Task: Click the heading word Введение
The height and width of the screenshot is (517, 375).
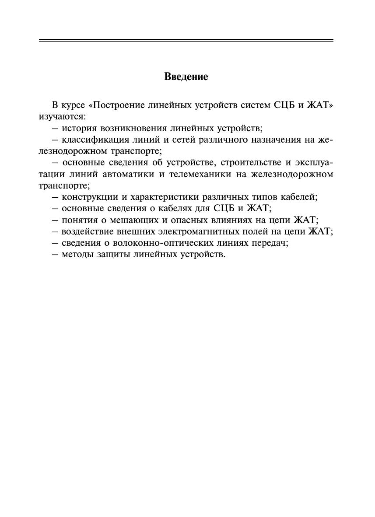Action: click(186, 77)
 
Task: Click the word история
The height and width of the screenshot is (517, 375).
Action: click(79, 129)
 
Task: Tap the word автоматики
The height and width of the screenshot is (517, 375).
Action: click(131, 174)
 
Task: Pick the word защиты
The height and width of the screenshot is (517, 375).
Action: click(111, 254)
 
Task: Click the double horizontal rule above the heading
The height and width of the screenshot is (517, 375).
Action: click(186, 40)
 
